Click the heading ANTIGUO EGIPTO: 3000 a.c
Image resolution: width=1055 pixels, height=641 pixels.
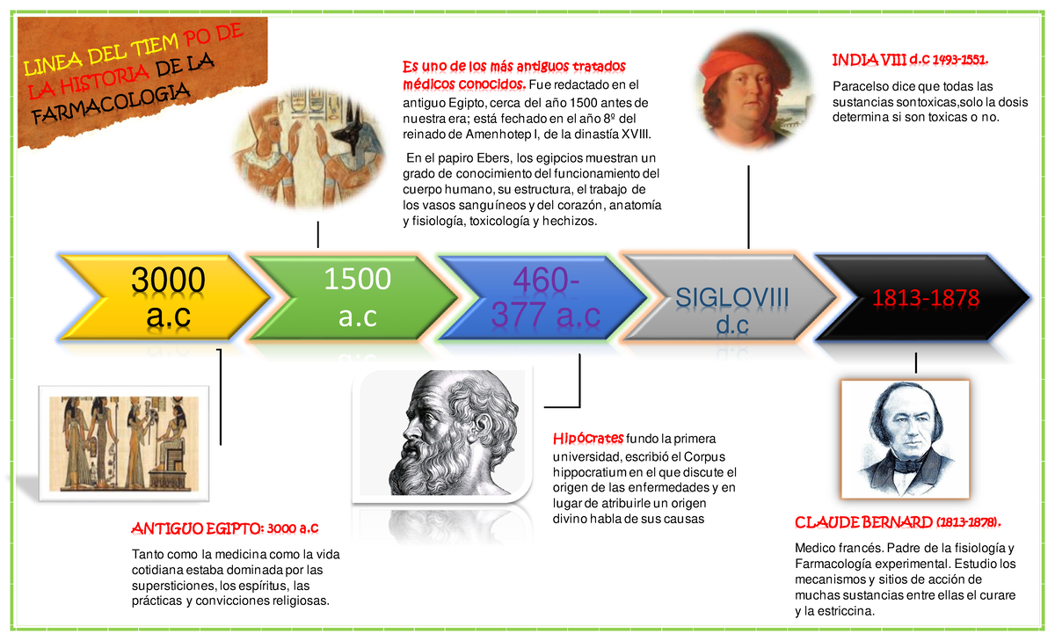(x=224, y=528)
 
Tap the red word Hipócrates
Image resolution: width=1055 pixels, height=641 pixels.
(x=588, y=439)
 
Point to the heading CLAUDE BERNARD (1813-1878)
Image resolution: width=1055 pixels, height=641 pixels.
(x=898, y=523)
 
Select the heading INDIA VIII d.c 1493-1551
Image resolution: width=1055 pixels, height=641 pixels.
(x=910, y=60)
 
